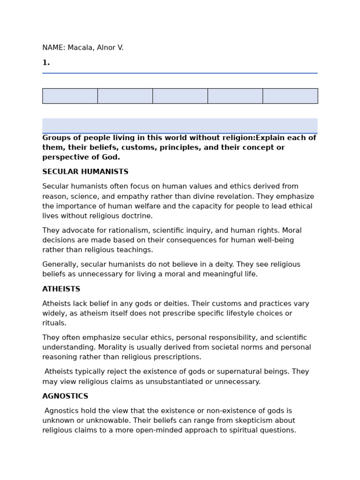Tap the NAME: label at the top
pos(53,48)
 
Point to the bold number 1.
pos(46,63)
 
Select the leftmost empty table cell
pos(70,96)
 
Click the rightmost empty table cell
pos(290,96)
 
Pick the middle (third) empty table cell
pos(180,96)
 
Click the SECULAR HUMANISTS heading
pos(85,172)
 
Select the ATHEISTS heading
pos(61,289)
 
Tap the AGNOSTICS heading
pos(65,397)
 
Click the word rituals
pos(54,323)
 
